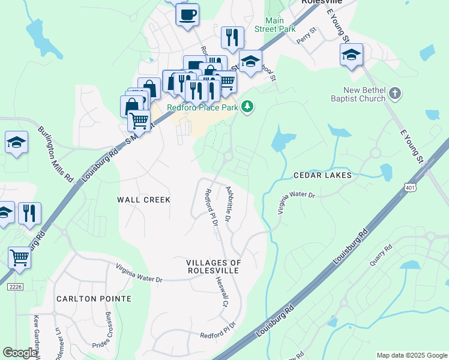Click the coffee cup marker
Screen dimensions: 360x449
(187, 14)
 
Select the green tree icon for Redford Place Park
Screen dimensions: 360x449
(247, 107)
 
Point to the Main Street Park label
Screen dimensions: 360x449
(276, 25)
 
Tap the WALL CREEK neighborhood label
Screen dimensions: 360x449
(144, 199)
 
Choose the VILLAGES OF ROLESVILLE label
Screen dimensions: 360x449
(213, 267)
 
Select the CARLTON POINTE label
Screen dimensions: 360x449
(94, 298)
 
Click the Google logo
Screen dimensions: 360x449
(20, 353)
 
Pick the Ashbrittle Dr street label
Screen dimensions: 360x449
(229, 204)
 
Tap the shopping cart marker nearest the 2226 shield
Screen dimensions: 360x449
(20, 258)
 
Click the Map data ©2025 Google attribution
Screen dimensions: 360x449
(411, 355)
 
